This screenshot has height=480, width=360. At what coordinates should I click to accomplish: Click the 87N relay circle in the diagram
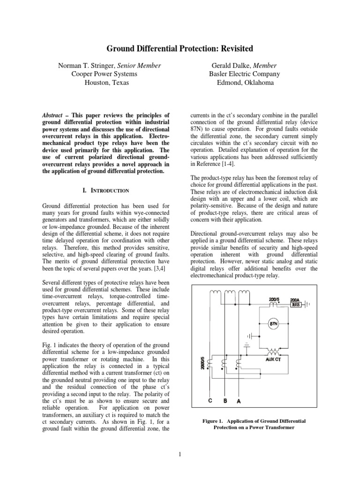click(273, 324)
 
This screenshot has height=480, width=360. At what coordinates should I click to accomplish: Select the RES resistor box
click(296, 303)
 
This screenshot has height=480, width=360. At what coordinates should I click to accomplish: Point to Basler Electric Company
click(244, 74)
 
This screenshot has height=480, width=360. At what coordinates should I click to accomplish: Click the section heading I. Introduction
click(105, 191)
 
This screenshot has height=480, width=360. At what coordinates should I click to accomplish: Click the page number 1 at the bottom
click(180, 453)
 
